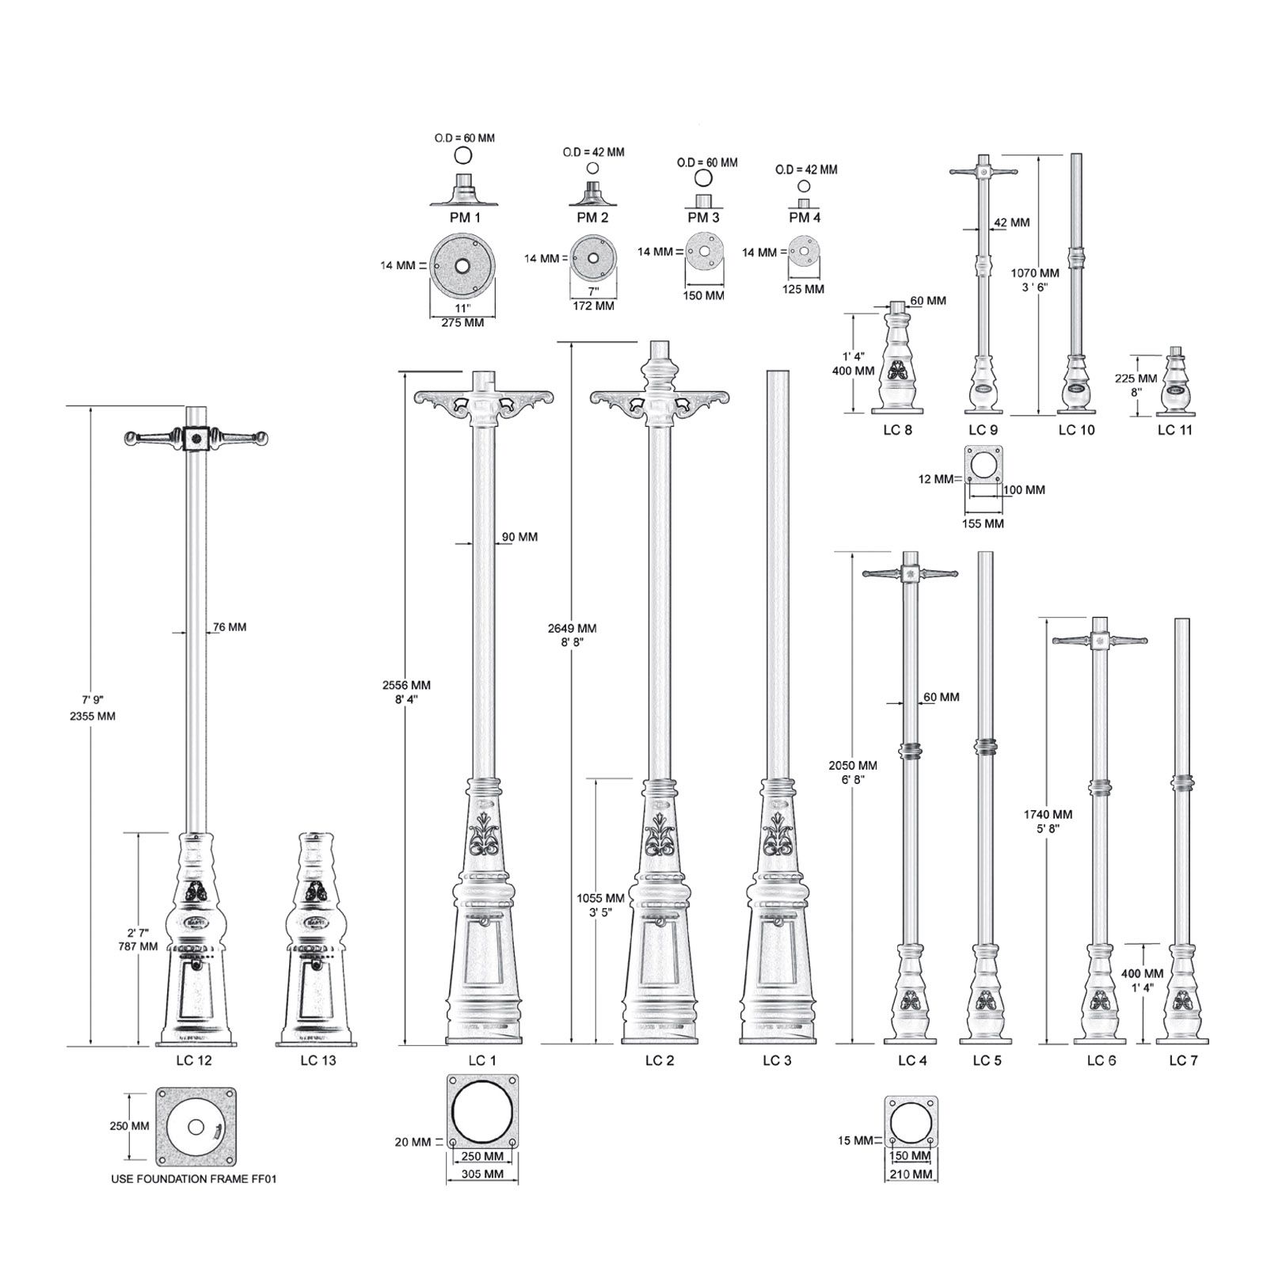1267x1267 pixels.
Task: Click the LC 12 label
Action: click(x=194, y=1060)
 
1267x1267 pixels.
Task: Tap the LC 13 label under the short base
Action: click(x=318, y=1060)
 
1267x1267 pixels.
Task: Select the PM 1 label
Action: click(x=465, y=217)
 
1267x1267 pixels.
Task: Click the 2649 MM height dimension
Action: click(x=572, y=628)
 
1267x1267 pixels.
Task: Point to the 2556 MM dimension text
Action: click(x=406, y=685)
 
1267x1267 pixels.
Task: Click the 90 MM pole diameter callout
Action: click(x=519, y=537)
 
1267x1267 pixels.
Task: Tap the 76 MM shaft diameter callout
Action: click(x=229, y=627)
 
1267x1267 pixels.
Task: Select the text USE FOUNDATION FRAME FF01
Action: click(x=193, y=1179)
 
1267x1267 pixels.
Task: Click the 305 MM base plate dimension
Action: click(x=482, y=1176)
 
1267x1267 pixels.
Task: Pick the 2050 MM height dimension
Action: click(x=853, y=766)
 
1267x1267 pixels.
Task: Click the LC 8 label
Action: click(x=897, y=430)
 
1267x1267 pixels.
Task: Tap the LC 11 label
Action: click(x=1174, y=430)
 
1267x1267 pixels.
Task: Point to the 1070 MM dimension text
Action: click(x=1034, y=273)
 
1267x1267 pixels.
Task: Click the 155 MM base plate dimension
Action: click(x=984, y=523)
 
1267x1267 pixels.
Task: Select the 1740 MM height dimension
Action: click(x=1048, y=814)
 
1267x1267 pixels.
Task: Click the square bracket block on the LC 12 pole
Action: click(x=196, y=437)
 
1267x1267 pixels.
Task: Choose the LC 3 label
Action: click(x=777, y=1060)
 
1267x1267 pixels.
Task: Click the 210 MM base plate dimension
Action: click(x=911, y=1174)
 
